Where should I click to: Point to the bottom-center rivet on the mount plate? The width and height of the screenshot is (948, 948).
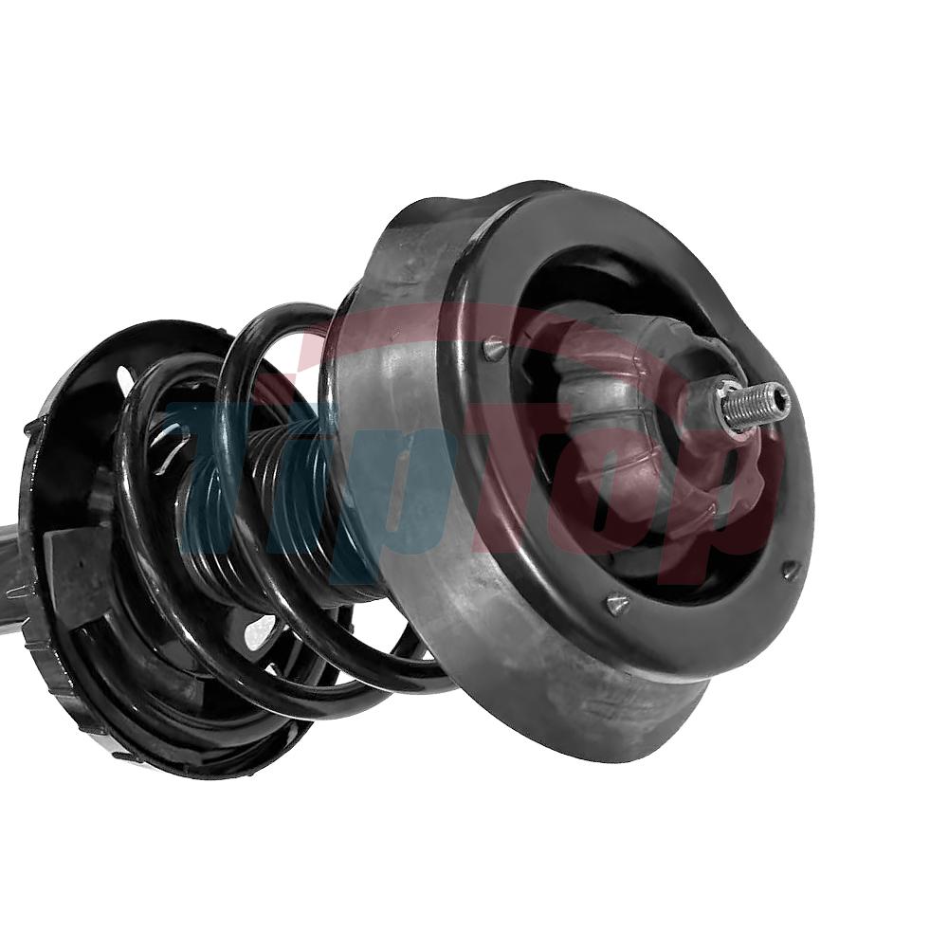coord(617,603)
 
